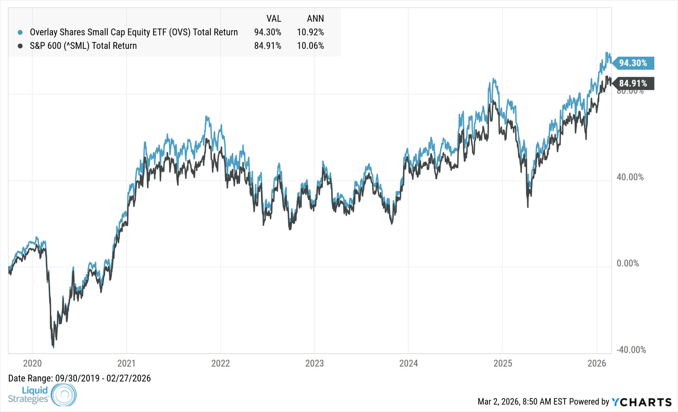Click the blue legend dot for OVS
20,32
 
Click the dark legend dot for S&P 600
20,46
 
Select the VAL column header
273,19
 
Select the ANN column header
315,19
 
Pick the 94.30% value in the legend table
268,32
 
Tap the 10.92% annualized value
310,32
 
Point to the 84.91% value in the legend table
268,46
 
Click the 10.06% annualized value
310,46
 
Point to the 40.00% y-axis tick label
630,177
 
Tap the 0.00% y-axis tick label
628,264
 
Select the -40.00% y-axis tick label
631,350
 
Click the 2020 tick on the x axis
32,364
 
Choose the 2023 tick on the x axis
314,364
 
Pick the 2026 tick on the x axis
596,364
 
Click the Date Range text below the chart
79,378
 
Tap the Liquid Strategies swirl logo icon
64,394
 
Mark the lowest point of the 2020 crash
53,347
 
